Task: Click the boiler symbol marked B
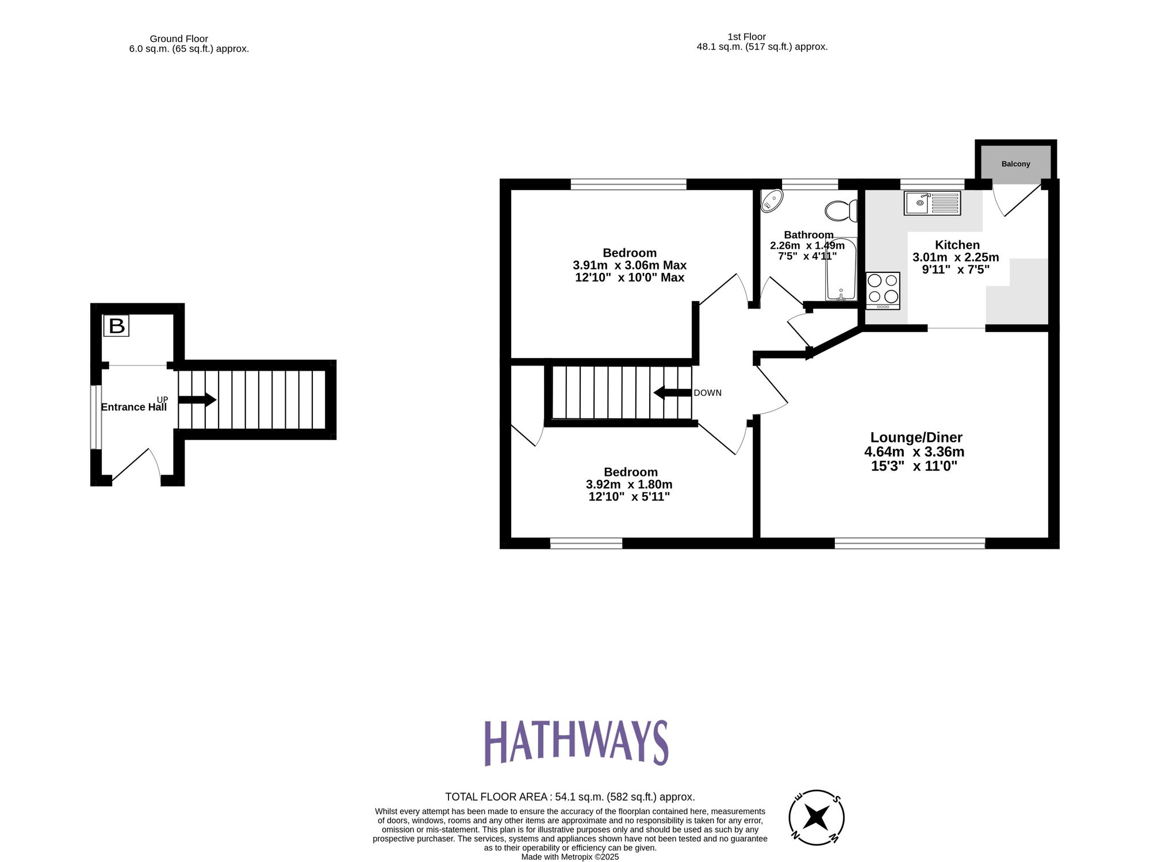point(116,326)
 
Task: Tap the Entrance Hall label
point(133,407)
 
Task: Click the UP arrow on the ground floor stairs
point(197,400)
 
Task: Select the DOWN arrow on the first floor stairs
point(672,393)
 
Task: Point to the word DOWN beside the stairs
point(707,393)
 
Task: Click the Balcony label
point(1015,164)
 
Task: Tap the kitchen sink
point(932,203)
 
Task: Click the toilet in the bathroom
point(841,210)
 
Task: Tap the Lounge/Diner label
point(916,437)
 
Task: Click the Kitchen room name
point(957,245)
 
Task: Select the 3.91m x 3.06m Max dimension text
point(630,265)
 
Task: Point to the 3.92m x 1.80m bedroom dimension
point(629,484)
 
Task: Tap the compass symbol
point(816,817)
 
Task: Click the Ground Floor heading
point(179,39)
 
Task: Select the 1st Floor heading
point(746,37)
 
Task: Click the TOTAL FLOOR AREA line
point(570,797)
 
